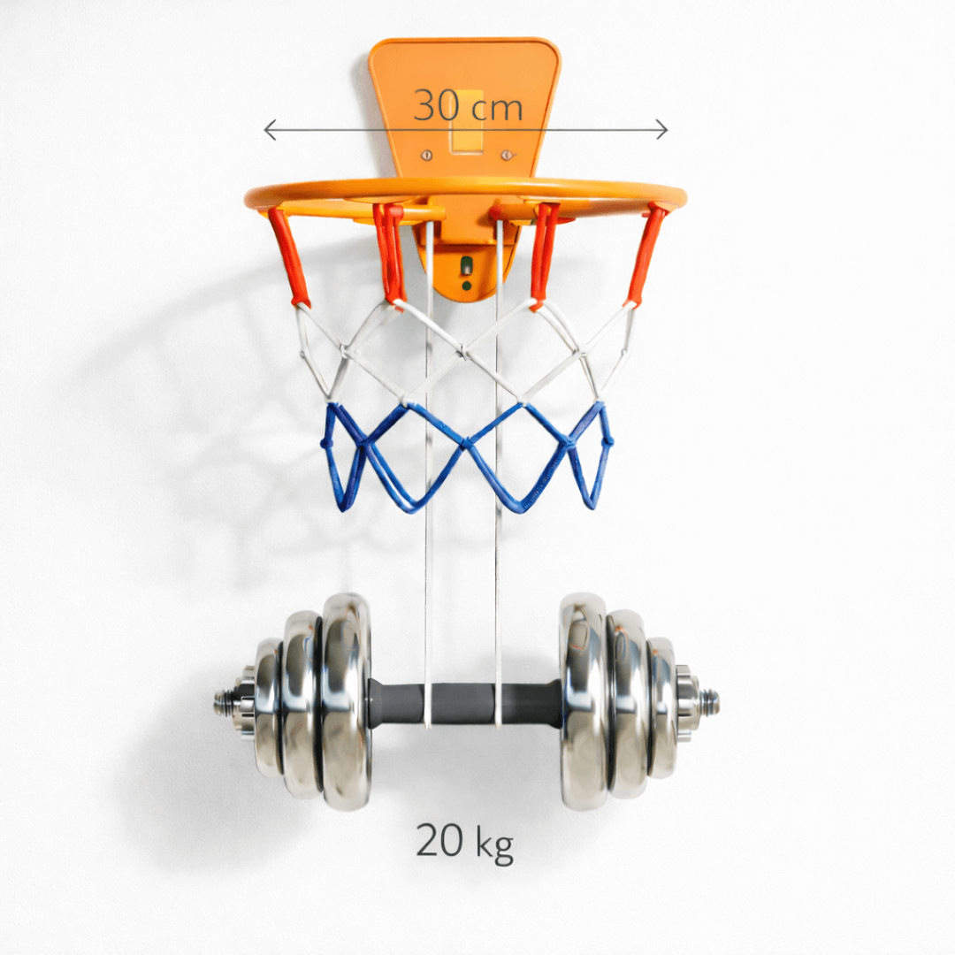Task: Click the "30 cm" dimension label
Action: click(x=468, y=106)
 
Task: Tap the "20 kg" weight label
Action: click(x=465, y=842)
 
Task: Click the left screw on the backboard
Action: click(x=427, y=156)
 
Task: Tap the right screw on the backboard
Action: click(x=507, y=156)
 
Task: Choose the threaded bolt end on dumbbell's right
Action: click(x=707, y=701)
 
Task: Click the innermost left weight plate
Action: click(x=346, y=701)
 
